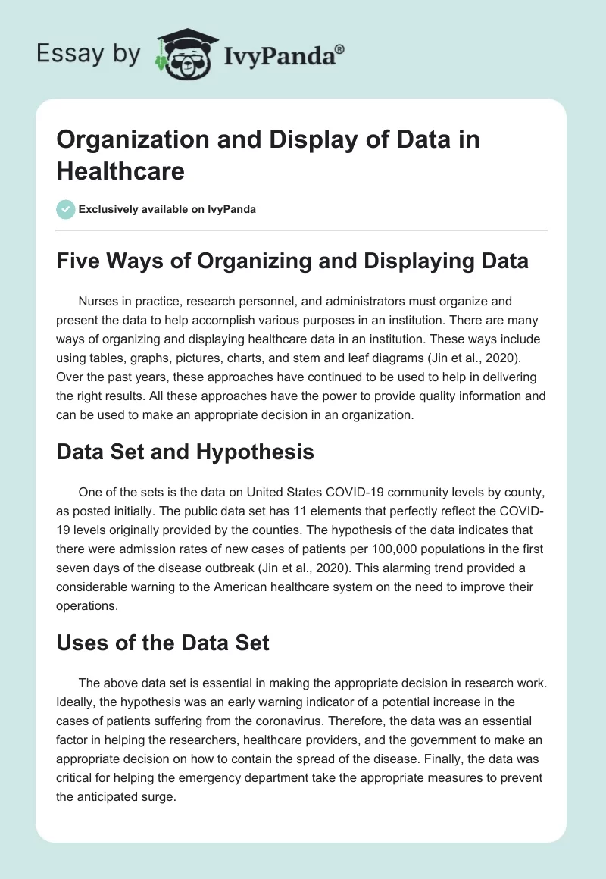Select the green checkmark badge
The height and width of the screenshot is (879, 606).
click(x=66, y=209)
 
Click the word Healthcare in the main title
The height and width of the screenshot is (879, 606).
click(x=120, y=170)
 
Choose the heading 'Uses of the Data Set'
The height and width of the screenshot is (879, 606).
click(x=164, y=642)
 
